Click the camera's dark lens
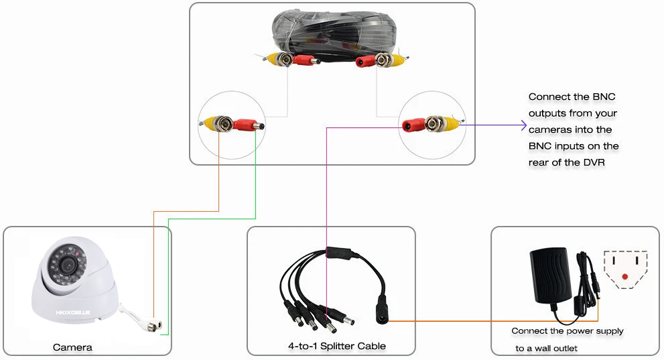click(x=67, y=264)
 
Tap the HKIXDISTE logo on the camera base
click(x=73, y=312)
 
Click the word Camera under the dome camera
click(x=72, y=347)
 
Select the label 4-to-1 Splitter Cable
click(x=337, y=346)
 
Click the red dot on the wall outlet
click(x=625, y=277)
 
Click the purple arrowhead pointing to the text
click(x=523, y=125)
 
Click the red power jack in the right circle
click(x=413, y=125)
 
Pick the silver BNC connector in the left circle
click(x=222, y=123)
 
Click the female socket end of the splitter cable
click(x=381, y=314)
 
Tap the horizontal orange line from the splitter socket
click(x=493, y=321)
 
